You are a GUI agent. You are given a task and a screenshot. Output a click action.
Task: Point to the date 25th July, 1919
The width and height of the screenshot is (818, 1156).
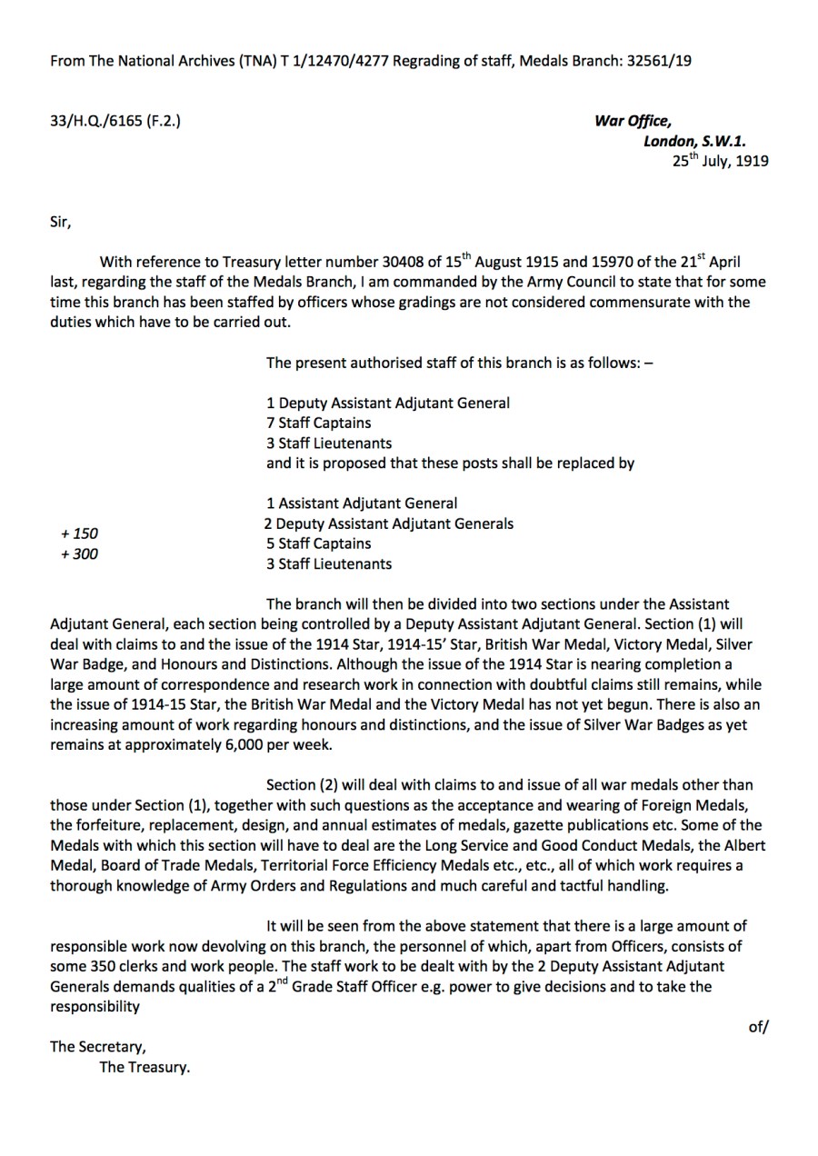[720, 161]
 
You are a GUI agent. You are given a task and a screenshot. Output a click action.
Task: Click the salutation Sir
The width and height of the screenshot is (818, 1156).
[59, 221]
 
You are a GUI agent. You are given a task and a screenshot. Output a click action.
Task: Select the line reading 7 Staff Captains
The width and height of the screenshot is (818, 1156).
[318, 423]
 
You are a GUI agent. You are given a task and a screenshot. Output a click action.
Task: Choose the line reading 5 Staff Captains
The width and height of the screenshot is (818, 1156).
[318, 543]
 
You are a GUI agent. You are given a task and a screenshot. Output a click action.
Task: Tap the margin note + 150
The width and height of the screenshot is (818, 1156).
[79, 533]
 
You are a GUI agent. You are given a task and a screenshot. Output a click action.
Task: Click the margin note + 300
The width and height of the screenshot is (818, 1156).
[79, 553]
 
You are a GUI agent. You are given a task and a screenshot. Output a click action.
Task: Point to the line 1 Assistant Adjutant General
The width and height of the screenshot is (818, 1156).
[362, 503]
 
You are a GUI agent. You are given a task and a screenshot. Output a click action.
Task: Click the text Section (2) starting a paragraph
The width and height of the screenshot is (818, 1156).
[303, 784]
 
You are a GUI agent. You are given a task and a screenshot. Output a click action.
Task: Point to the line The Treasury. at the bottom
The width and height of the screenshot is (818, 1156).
[145, 1067]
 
